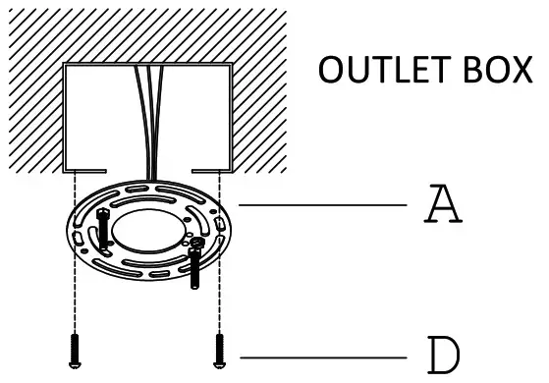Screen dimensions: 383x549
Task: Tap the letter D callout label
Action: coord(445,355)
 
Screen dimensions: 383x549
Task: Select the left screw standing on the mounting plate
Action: coord(103,232)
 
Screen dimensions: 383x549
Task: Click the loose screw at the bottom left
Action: coord(75,351)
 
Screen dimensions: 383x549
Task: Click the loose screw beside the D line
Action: coord(219,351)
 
